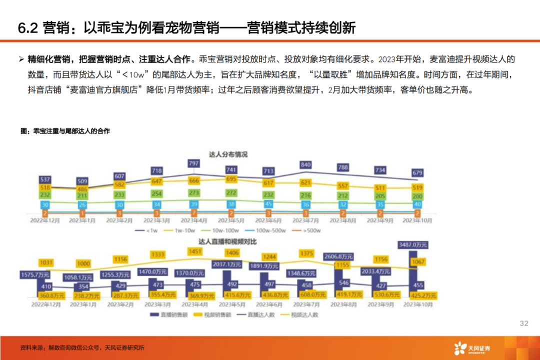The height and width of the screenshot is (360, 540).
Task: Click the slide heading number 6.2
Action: point(28,28)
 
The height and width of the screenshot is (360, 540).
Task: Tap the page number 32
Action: point(524,323)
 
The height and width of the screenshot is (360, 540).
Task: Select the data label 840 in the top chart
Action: point(306,164)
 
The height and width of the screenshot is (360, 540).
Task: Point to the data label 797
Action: point(193,163)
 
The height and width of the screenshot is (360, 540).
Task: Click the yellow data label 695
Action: point(231,179)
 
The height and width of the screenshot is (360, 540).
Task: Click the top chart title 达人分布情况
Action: point(228,154)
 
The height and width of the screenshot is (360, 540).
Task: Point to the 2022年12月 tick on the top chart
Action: point(45,219)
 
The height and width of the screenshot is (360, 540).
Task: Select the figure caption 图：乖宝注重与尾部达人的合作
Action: point(65,131)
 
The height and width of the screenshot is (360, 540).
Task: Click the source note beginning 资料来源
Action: point(82,348)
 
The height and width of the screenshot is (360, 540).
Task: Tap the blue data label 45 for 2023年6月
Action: point(269,204)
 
